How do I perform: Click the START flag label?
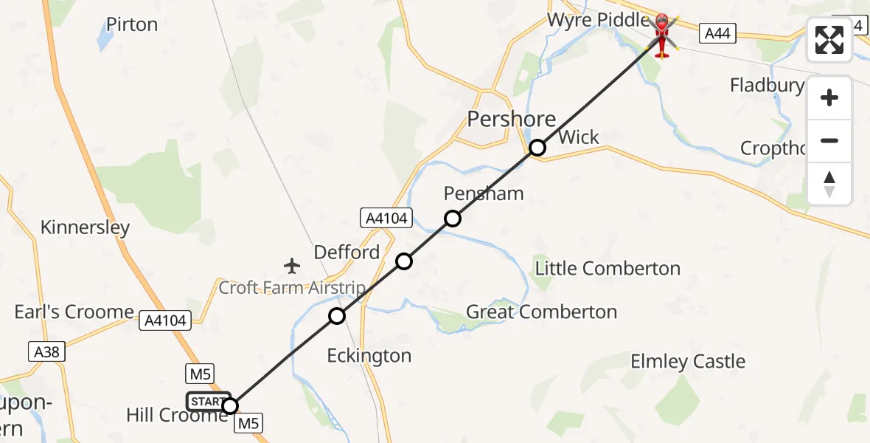207,402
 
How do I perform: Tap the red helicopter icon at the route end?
661,34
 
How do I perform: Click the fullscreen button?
829,40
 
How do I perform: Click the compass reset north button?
829,184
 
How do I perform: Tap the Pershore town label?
511,118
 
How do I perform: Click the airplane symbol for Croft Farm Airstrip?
293,265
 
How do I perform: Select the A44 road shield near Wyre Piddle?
718,33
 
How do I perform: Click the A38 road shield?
47,352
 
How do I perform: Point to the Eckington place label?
369,356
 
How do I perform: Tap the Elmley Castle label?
688,361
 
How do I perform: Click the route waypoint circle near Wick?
537,148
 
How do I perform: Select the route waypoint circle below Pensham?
452,219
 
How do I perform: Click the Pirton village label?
132,24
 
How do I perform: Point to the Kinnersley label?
85,227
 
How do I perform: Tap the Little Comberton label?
608,268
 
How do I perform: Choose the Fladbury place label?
767,86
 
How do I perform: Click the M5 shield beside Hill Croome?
248,424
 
